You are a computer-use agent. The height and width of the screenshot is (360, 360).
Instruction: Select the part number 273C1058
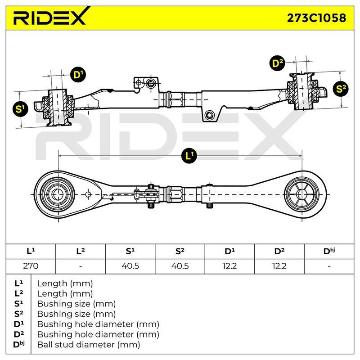pyautogui.click(x=317, y=18)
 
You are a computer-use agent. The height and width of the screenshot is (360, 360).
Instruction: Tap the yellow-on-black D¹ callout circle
pyautogui.click(x=78, y=75)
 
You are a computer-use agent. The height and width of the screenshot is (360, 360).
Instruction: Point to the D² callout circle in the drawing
pyautogui.click(x=277, y=63)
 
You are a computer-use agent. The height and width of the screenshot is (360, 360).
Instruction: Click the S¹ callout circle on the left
pyautogui.click(x=20, y=109)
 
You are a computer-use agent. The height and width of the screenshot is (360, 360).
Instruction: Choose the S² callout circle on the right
pyautogui.click(x=341, y=89)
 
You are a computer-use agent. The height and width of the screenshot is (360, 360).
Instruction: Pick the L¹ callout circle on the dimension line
pyautogui.click(x=189, y=156)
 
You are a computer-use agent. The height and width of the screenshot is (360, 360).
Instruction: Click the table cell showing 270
pyautogui.click(x=31, y=266)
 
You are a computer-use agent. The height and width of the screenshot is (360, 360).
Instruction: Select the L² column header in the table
pyautogui.click(x=81, y=251)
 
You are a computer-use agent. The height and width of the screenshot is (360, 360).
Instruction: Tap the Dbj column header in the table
pyautogui.click(x=329, y=251)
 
